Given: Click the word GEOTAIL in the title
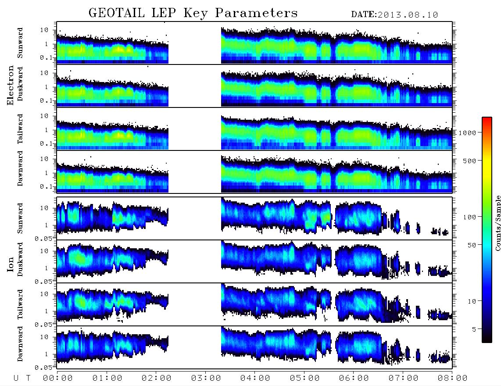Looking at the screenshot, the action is pos(117,13).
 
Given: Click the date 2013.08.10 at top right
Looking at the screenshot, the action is pos(408,15).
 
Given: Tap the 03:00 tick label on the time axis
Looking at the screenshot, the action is pos(206,379).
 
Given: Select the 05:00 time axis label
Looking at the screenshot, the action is pos(304,379).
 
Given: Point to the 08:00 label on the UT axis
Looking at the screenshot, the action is pos(452,379).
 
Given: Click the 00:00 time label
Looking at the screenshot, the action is pos(58,379).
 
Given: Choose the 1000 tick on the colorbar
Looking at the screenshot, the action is pos(467,132).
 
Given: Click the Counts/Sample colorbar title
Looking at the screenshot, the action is pos(497,223).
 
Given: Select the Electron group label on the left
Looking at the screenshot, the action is pos(11,86).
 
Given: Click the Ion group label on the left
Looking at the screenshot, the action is pos(11,264).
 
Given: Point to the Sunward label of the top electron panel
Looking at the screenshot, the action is pos(20,43).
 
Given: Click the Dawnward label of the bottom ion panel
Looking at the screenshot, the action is pos(20,344).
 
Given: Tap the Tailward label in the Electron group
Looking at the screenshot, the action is pos(20,129).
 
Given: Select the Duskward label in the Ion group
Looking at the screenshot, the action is pos(20,259).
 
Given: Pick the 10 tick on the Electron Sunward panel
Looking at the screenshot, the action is pos(44,30).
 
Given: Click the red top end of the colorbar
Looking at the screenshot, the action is pos(487,118).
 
